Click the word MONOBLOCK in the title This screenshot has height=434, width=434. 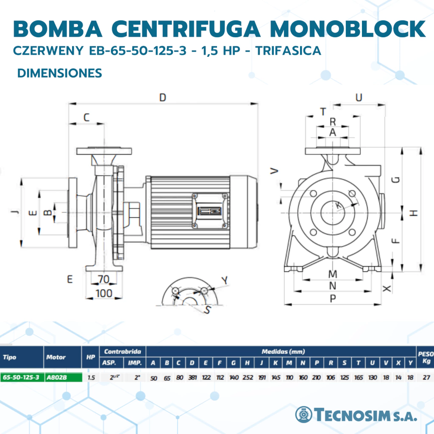click(x=348, y=28)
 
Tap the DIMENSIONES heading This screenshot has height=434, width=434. click(x=59, y=73)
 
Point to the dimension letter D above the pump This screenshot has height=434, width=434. click(x=163, y=97)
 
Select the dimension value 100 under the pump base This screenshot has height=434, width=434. click(x=104, y=293)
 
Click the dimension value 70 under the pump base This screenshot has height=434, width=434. click(x=104, y=279)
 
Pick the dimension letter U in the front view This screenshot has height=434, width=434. click(x=359, y=97)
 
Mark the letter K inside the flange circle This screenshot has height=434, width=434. click(x=338, y=206)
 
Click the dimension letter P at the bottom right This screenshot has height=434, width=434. click(x=333, y=298)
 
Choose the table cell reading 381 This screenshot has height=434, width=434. click(x=192, y=377)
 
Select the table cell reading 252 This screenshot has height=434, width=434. click(x=248, y=377)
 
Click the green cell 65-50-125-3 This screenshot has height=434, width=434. click(x=22, y=377)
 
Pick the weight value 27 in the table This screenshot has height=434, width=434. click(x=426, y=377)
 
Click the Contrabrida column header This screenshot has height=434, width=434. click(x=122, y=351)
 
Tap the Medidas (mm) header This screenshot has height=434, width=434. click(x=283, y=351)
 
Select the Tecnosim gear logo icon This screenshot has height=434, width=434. click(x=303, y=415)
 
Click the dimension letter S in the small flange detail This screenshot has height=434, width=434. click(x=207, y=310)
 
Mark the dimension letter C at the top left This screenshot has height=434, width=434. click(x=86, y=117)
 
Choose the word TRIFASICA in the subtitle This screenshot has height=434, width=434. click(x=288, y=51)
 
